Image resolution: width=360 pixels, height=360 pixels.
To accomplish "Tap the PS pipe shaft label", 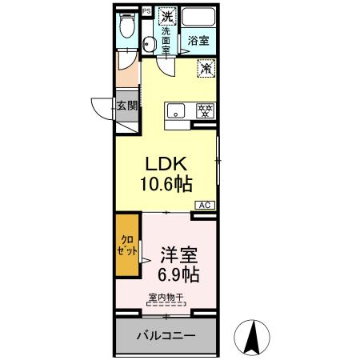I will pyautogui.click(x=146, y=10).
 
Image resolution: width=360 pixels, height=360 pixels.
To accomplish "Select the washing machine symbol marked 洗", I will pyautogui.click(x=167, y=16).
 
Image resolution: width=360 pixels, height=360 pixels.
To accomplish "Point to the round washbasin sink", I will pyautogui.click(x=149, y=45).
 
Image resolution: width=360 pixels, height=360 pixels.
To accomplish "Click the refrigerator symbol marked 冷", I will pyautogui.click(x=205, y=70).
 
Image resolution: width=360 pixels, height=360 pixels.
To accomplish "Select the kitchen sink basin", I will pyautogui.click(x=176, y=110).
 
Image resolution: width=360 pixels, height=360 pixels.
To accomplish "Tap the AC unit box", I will pyautogui.click(x=203, y=205).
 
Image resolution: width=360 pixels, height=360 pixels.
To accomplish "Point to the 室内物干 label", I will pyautogui.click(x=166, y=298).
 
